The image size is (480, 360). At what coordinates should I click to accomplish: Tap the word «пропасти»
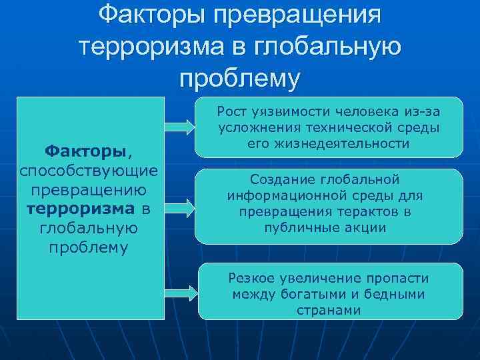pos(401,278)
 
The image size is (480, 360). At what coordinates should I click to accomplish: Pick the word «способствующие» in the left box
pos(89,171)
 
